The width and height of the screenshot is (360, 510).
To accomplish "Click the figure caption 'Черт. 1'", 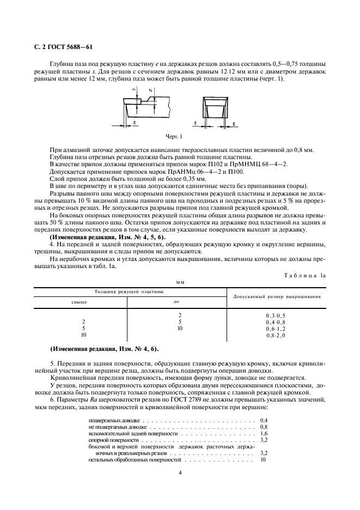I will coord(173,136).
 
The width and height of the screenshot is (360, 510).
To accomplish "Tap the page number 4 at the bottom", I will coord(180,472).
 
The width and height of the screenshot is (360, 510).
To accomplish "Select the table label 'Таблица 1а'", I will coord(304,276).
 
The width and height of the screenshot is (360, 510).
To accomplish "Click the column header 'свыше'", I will coord(80,301).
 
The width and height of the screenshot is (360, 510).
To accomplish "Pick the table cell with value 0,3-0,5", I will coord(276,316).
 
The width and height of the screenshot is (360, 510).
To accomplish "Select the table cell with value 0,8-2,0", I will coord(276,336).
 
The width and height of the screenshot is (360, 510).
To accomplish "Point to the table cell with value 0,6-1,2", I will coord(276,329).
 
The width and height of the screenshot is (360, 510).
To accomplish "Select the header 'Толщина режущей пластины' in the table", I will coord(130,292).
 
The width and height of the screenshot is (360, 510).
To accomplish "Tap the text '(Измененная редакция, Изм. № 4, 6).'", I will coord(100,349).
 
